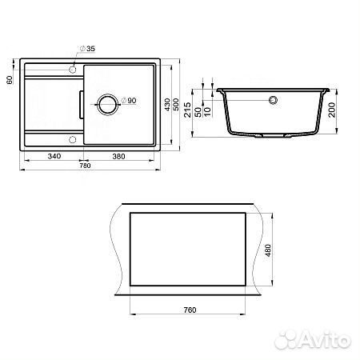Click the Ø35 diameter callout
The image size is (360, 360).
click(x=87, y=49)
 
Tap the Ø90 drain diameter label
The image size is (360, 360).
click(x=129, y=101)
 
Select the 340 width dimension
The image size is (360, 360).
click(x=54, y=156)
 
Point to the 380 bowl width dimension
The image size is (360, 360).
click(x=118, y=156)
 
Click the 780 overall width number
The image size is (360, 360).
click(x=85, y=166)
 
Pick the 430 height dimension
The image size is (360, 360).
click(x=167, y=104)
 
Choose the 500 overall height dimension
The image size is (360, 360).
click(x=176, y=104)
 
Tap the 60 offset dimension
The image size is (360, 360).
click(x=10, y=80)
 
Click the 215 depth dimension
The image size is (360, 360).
click(x=188, y=110)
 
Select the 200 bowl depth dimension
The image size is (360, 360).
click(x=332, y=110)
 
